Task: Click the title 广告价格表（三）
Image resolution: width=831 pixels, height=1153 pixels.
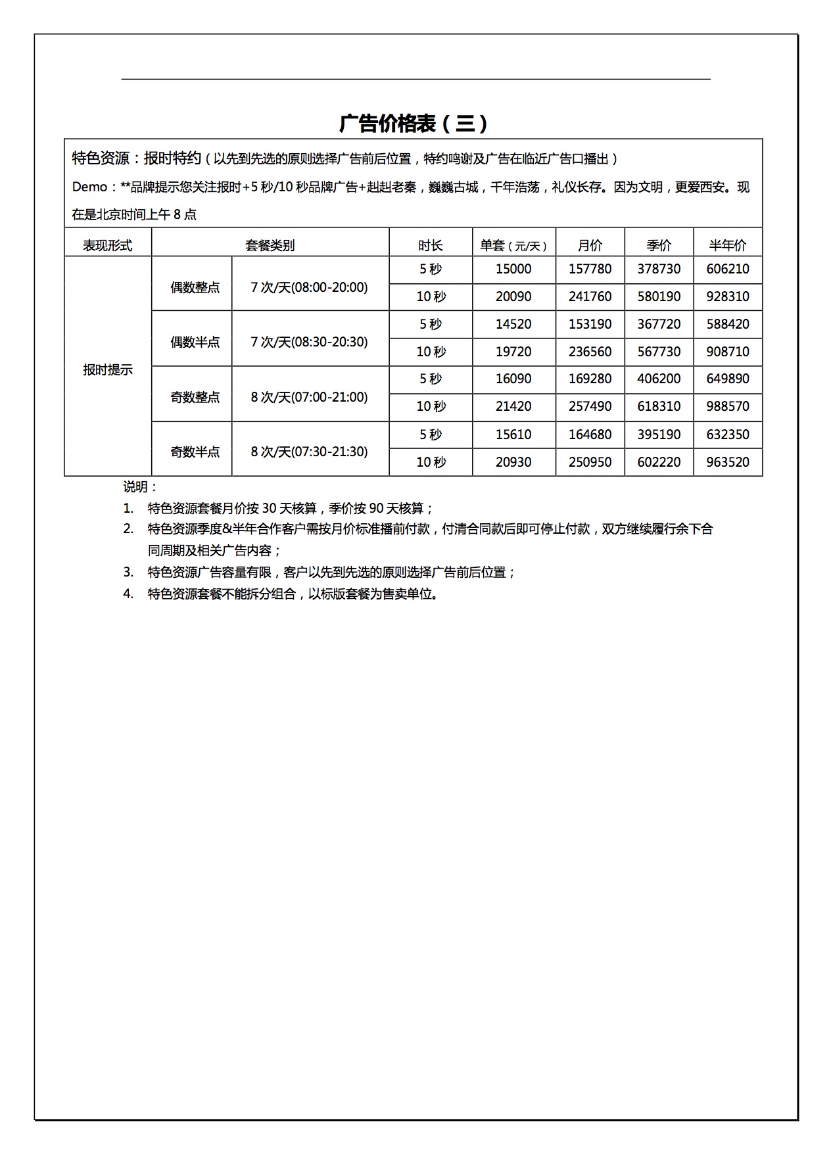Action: click(414, 124)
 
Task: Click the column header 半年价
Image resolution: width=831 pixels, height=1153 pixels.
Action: click(728, 245)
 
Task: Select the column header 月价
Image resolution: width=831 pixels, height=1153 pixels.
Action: click(590, 245)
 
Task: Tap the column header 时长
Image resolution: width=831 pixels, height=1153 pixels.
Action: click(431, 245)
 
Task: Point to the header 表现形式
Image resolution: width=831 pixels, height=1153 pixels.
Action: click(107, 245)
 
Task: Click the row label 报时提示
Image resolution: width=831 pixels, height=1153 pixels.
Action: click(107, 369)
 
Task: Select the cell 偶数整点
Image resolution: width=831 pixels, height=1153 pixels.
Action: click(195, 287)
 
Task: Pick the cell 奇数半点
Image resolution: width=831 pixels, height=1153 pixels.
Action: click(195, 452)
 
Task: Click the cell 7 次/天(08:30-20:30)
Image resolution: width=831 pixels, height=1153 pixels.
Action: click(310, 342)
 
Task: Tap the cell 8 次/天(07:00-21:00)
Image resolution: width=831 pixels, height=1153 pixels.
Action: click(310, 397)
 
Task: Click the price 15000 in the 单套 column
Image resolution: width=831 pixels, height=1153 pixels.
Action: click(513, 269)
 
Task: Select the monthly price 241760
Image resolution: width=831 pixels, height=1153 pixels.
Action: click(590, 296)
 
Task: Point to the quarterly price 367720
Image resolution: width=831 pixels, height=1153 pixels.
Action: click(659, 324)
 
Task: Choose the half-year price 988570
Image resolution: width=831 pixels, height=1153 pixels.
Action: click(728, 406)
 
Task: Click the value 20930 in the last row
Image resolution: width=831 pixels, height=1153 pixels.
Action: click(513, 462)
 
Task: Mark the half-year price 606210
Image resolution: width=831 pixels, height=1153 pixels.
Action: click(728, 269)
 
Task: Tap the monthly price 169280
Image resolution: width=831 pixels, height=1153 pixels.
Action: click(590, 379)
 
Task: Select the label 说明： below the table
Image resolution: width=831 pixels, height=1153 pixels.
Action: click(140, 487)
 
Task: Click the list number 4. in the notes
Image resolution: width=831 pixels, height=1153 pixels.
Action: click(128, 594)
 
